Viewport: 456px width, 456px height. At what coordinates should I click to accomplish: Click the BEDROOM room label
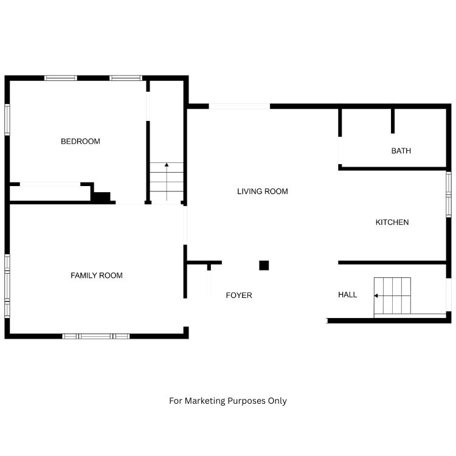(80, 141)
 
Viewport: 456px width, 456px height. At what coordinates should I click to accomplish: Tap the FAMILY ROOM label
(97, 275)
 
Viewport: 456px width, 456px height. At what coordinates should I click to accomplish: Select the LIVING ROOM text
(263, 192)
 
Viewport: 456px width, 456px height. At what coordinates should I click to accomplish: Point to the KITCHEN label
(392, 222)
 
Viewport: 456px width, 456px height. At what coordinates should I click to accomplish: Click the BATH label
(401, 151)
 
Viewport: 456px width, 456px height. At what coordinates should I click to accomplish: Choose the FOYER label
(239, 295)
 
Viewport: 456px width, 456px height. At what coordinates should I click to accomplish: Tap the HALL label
(348, 295)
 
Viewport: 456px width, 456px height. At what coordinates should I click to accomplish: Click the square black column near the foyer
(264, 266)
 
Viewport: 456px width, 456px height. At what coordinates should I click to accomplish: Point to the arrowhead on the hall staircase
(376, 295)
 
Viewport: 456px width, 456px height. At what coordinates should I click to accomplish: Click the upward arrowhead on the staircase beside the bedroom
(167, 165)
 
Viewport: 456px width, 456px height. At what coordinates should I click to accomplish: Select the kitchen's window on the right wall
(449, 195)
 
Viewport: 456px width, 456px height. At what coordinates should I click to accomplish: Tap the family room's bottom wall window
(96, 336)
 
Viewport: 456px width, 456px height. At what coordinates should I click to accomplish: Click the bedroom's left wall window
(7, 120)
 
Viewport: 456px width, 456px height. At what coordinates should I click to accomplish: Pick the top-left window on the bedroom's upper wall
(61, 78)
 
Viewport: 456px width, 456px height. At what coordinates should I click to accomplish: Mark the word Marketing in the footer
(205, 401)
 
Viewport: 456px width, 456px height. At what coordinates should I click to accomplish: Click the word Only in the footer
(277, 401)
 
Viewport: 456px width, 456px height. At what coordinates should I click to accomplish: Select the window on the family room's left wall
(7, 286)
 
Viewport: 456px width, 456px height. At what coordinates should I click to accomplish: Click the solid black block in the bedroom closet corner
(102, 197)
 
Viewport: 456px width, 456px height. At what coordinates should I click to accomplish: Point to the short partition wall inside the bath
(393, 121)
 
